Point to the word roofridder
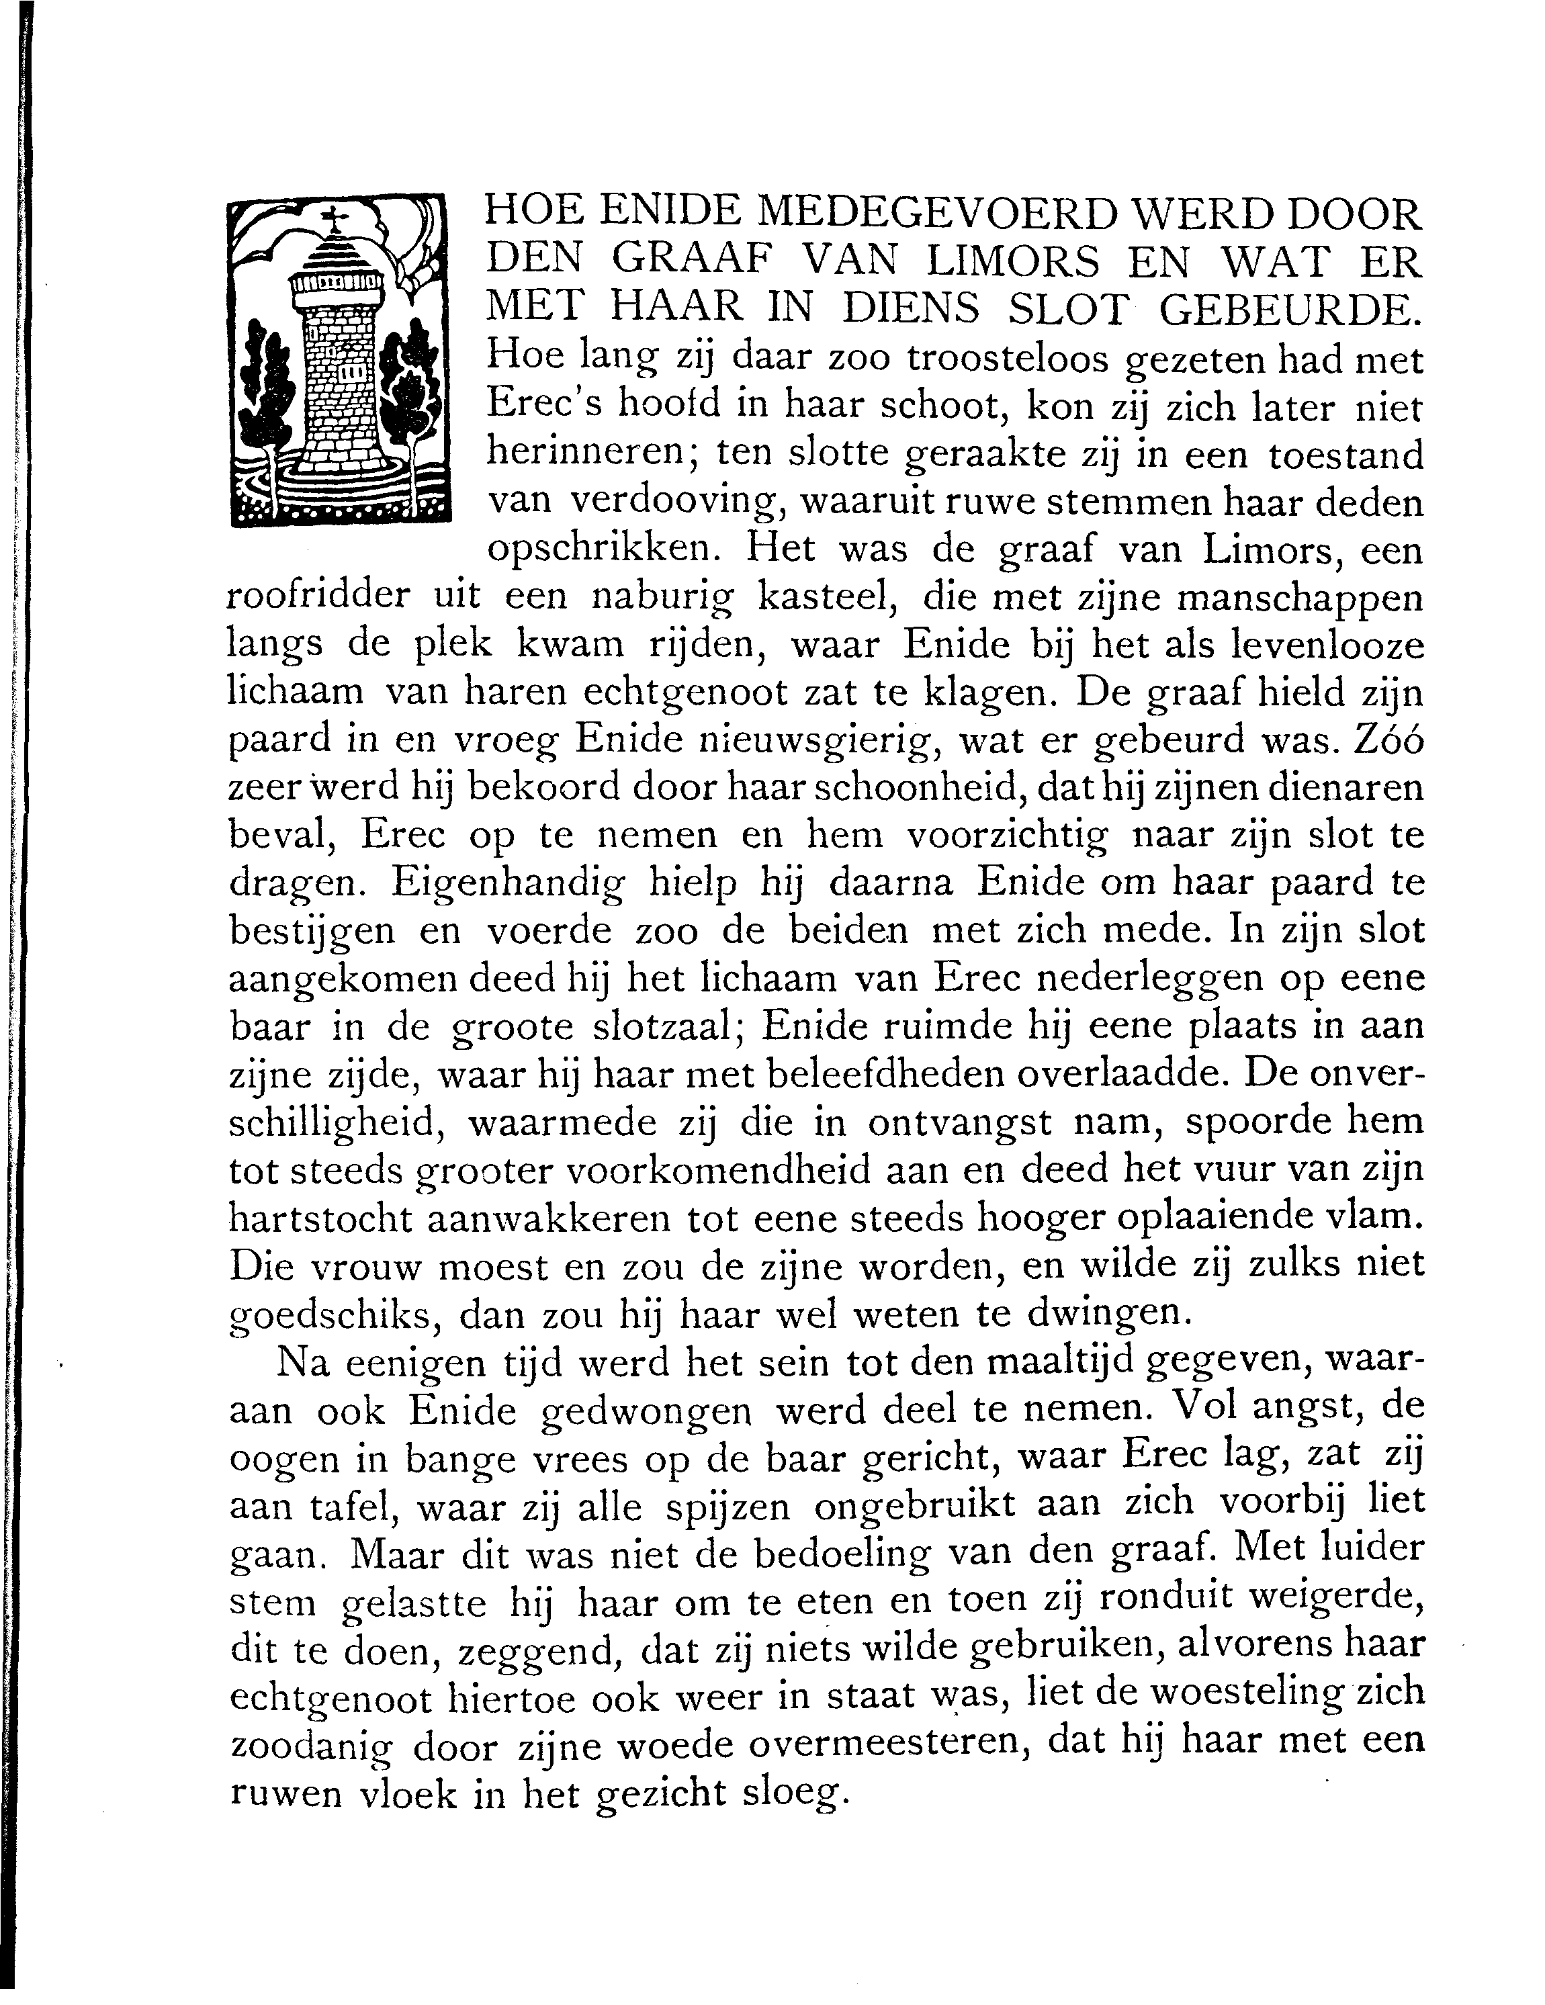pyautogui.click(x=316, y=598)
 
